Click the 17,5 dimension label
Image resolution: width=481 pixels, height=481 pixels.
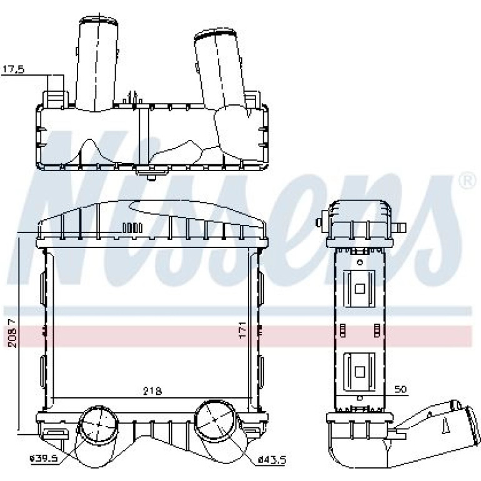tap(13, 69)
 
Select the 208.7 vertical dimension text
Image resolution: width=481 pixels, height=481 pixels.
tap(12, 333)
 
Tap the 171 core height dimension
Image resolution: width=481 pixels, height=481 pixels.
tap(242, 330)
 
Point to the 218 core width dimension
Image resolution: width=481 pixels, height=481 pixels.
tap(153, 391)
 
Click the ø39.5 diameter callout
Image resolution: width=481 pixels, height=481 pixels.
tap(44, 459)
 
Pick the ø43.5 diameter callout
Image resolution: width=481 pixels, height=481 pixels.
tap(272, 460)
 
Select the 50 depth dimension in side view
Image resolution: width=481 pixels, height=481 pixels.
tap(400, 389)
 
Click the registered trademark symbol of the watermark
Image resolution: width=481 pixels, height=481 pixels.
tap(467, 181)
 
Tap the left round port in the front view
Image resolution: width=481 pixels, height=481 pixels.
tap(99, 424)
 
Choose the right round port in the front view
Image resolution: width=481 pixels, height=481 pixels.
tap(216, 419)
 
